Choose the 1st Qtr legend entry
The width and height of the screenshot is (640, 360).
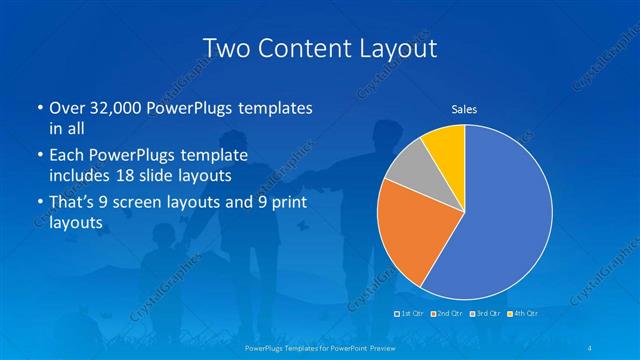click(x=411, y=314)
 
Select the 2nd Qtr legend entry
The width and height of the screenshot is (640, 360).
click(x=450, y=314)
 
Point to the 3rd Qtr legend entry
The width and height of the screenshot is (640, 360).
click(x=488, y=314)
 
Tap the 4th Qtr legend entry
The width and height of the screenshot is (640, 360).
click(x=526, y=314)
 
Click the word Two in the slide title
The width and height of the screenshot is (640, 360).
click(x=225, y=48)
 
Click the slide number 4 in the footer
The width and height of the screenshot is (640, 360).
click(x=592, y=347)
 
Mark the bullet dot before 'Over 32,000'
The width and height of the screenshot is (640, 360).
click(x=38, y=108)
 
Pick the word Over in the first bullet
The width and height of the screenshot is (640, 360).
click(x=66, y=108)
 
